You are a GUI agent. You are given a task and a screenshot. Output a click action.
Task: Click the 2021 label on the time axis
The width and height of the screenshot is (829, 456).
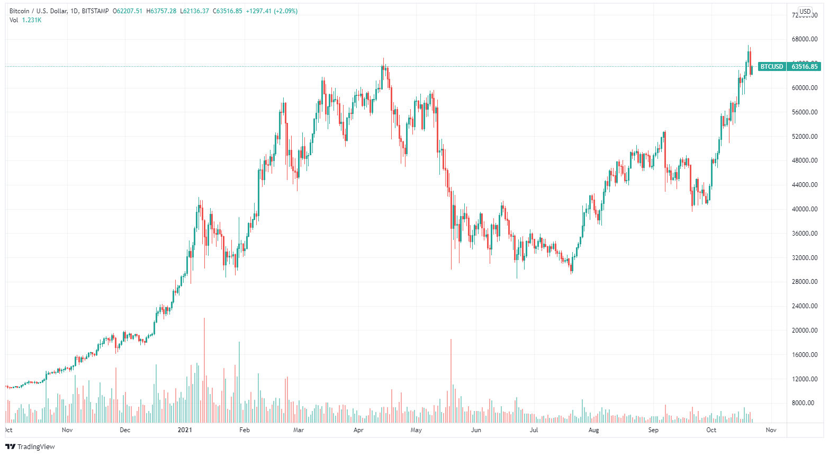click(184, 430)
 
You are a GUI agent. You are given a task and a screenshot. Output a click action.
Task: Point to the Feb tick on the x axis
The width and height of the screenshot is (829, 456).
click(244, 430)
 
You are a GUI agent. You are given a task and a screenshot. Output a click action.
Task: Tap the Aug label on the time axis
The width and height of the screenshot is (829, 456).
click(593, 430)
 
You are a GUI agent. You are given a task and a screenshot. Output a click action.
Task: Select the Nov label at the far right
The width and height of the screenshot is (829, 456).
click(771, 430)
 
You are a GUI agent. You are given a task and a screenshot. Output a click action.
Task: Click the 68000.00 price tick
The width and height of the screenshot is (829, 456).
click(805, 39)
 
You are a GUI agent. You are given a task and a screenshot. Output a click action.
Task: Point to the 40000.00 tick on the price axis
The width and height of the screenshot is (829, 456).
click(805, 209)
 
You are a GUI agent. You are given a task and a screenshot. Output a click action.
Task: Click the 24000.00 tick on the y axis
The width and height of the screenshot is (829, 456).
click(805, 306)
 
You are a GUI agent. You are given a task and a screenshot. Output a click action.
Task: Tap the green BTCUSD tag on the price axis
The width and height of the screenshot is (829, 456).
click(771, 67)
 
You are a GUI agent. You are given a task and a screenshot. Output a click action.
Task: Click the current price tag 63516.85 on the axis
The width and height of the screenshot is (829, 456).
click(805, 67)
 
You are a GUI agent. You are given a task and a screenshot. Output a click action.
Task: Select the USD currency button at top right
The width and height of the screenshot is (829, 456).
click(805, 11)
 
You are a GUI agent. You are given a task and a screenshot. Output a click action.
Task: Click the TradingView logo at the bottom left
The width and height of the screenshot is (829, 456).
click(30, 446)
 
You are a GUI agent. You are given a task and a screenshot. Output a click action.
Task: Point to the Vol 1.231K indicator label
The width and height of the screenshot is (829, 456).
click(25, 20)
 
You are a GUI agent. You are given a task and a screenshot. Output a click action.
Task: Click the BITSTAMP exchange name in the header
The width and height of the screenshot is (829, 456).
click(95, 11)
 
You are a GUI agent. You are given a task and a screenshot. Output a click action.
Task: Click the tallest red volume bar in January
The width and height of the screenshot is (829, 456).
click(204, 371)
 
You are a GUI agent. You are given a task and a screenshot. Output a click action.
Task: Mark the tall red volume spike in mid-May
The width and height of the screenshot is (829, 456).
click(451, 381)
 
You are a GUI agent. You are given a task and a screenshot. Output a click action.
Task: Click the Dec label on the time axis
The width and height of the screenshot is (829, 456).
click(125, 430)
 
